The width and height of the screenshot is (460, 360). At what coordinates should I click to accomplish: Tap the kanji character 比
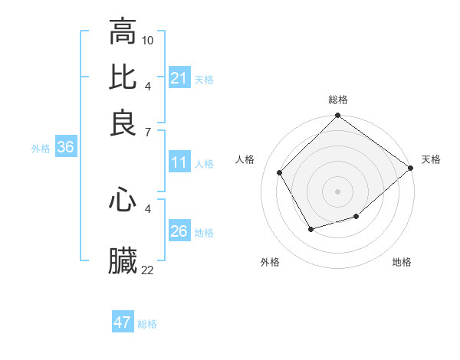tap(123, 77)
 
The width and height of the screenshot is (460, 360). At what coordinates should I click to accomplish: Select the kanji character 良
tap(123, 123)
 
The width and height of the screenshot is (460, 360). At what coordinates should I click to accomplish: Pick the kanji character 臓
tap(123, 260)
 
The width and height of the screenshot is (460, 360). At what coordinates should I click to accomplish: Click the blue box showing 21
tap(179, 78)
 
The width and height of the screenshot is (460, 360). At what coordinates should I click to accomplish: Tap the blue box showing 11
tap(179, 162)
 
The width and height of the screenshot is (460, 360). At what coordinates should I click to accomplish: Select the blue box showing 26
tap(179, 231)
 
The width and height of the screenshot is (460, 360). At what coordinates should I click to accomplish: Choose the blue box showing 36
tap(65, 148)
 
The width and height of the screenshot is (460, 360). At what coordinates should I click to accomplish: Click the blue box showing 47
tap(122, 322)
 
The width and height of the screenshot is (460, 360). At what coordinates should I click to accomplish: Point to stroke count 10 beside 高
tap(148, 40)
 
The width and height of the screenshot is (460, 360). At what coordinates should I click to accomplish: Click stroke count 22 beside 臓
tap(148, 269)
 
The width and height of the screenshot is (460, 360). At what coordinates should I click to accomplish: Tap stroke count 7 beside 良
tap(148, 132)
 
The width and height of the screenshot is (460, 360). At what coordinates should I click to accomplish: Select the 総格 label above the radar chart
tap(338, 100)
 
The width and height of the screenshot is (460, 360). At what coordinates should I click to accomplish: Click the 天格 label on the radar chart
tap(432, 159)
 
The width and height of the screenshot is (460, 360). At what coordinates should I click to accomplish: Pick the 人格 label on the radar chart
tap(245, 159)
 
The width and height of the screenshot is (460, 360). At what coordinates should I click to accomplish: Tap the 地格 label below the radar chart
tap(402, 263)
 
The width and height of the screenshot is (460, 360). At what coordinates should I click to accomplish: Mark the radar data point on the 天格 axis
tap(411, 168)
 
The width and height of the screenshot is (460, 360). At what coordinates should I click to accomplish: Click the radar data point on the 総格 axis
tap(337, 117)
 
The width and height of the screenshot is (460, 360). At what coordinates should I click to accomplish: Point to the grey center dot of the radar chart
tap(337, 191)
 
